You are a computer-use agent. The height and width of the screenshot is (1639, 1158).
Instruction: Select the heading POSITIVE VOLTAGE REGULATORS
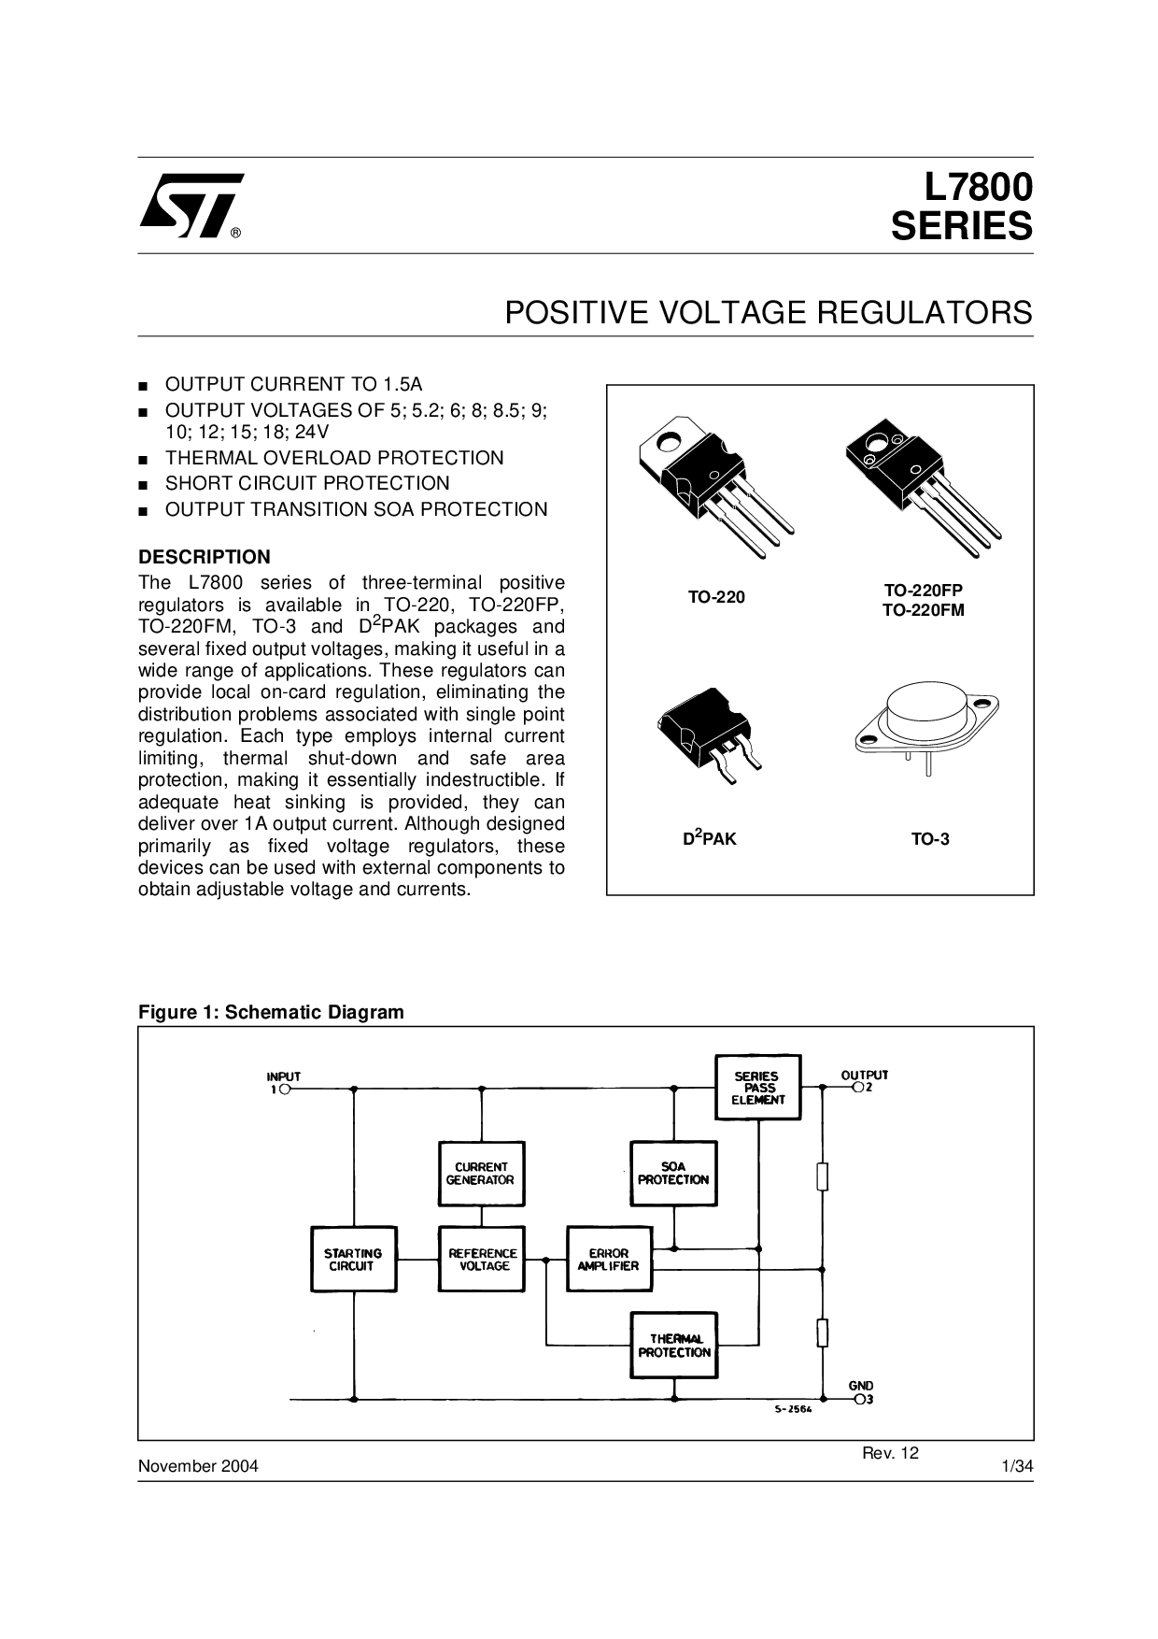tap(769, 312)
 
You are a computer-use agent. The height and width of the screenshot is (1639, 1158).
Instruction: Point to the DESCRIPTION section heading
tap(205, 557)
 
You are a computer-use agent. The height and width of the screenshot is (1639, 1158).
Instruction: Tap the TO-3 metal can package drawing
tap(927, 725)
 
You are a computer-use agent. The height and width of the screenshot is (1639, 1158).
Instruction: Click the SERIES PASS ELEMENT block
tap(757, 1088)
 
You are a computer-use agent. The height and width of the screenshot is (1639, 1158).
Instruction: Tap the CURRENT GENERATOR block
tap(481, 1174)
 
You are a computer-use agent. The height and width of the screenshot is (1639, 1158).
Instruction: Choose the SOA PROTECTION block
tap(673, 1174)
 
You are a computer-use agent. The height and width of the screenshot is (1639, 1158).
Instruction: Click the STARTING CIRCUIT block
tap(352, 1260)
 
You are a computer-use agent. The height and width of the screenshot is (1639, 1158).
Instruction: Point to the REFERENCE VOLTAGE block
tap(481, 1260)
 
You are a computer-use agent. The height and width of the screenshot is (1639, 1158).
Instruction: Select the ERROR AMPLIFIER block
tap(609, 1260)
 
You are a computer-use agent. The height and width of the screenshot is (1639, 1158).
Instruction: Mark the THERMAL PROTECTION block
tap(673, 1346)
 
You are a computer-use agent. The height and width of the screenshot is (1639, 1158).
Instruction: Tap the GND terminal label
tap(861, 1386)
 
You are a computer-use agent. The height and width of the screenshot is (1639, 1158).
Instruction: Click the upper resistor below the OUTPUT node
tap(822, 1176)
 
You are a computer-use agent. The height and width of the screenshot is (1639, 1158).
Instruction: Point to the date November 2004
tap(198, 1466)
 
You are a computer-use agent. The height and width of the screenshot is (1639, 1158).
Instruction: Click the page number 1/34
tap(1017, 1466)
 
